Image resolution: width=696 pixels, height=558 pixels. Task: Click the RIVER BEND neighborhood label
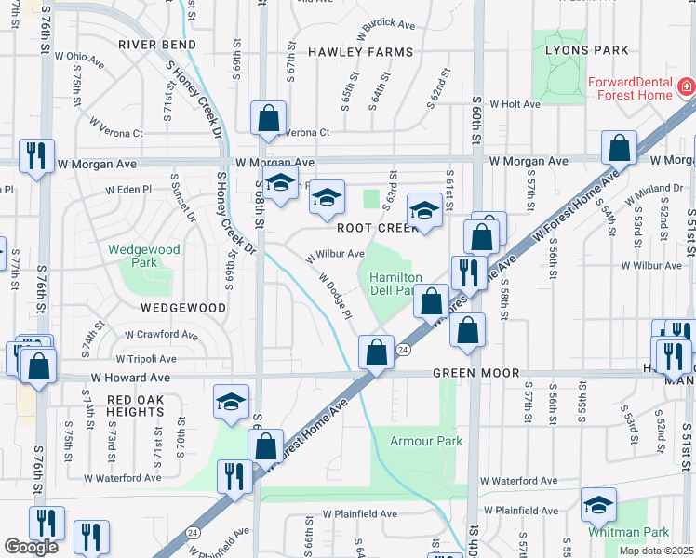coord(155,44)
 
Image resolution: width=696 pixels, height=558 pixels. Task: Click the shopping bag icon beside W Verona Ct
coord(268,118)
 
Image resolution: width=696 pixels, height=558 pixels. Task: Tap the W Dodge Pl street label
coord(334,295)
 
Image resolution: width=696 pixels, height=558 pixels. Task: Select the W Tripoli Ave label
coord(146,358)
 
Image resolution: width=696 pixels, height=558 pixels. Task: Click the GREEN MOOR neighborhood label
coord(471,374)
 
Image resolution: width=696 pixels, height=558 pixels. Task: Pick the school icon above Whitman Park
coord(598,504)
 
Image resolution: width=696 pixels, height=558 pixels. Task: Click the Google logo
coord(31,547)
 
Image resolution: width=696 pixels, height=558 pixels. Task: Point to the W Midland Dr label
coord(647,189)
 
